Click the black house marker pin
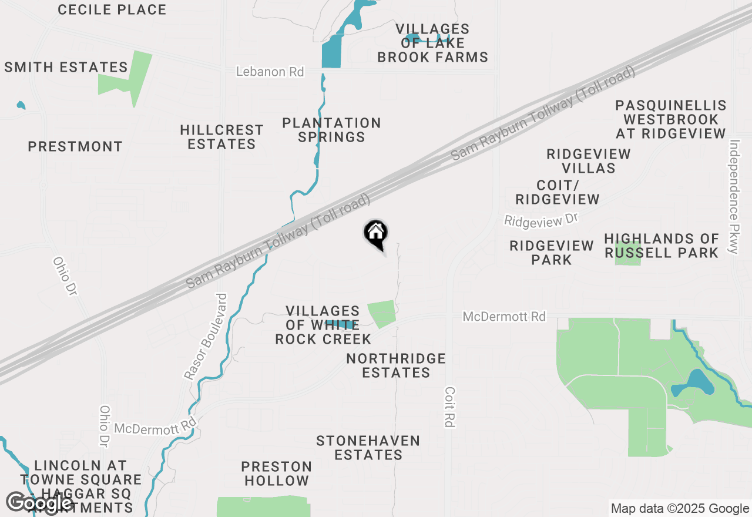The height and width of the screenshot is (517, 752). pos(376,234)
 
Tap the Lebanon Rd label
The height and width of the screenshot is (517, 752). pos(270,72)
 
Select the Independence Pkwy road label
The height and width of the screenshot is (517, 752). pos(733,196)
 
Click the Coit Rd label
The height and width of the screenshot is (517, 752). pos(451,407)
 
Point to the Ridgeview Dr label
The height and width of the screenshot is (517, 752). pos(541,220)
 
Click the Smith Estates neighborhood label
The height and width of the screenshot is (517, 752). pos(66,67)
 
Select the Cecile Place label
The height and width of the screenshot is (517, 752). pos(112,9)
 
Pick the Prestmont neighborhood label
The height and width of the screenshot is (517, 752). pos(75,146)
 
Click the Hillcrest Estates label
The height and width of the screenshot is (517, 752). pos(221,137)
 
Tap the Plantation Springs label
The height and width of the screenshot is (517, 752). pos(332,130)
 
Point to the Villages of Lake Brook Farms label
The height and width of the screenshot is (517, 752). pos(433,43)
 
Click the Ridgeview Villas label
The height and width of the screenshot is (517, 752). pos(589,161)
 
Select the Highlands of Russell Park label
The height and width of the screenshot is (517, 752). pos(662,246)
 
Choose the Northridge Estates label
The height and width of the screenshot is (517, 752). pos(396,365)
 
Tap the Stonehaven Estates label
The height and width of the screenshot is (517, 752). pos(368,448)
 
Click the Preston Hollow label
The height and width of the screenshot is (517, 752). pos(276,474)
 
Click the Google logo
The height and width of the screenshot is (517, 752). pos(39,503)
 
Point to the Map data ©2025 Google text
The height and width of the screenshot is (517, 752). pos(679,509)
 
